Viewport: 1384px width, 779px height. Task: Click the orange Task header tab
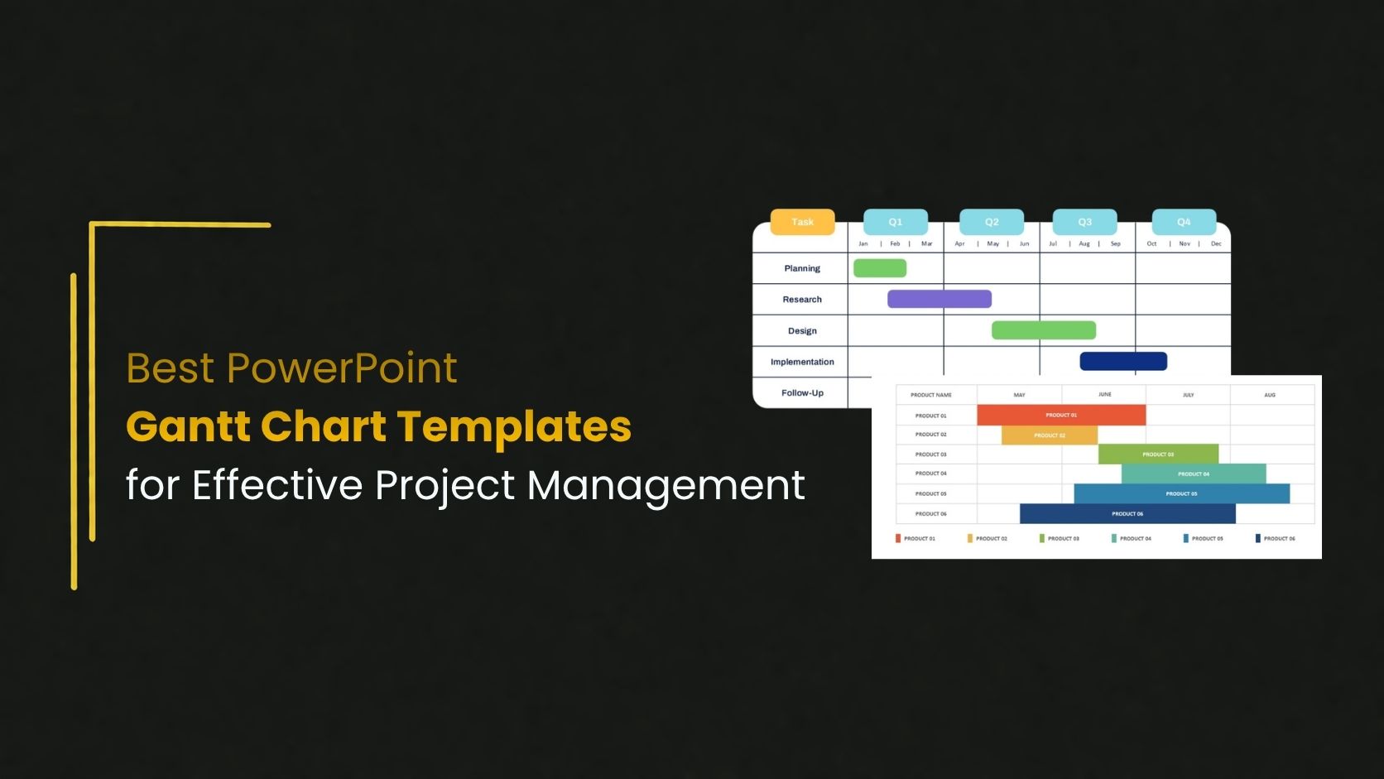802,222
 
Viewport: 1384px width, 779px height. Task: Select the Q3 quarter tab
1084,222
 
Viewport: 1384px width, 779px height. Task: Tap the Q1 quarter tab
895,222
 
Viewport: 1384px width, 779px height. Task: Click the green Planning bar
880,268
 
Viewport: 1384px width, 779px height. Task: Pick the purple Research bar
939,299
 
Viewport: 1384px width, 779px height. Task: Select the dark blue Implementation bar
1123,361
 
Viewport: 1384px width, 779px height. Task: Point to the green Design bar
1043,330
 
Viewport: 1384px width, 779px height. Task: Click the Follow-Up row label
802,393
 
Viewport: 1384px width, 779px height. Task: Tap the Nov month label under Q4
1185,244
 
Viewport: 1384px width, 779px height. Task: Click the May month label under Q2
992,244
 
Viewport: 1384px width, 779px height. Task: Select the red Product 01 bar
1061,415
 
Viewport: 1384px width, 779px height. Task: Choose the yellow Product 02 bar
1049,435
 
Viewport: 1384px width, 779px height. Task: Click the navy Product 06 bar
1127,514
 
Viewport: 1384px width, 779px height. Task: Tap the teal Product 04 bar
1193,474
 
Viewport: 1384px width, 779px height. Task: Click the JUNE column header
1104,395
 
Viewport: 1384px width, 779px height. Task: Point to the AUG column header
1270,395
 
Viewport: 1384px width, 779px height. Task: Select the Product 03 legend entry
1060,539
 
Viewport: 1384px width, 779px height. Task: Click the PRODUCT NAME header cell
931,395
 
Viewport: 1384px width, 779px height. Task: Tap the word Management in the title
666,486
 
